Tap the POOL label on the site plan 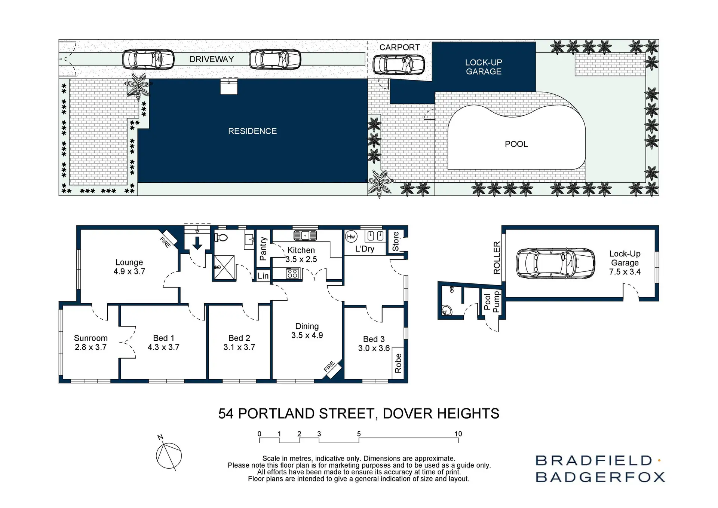[x=516, y=144]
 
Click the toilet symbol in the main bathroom [x=222, y=238]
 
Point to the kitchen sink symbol [x=305, y=235]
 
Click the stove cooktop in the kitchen [x=292, y=274]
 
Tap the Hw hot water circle [x=351, y=237]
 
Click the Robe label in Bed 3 [x=398, y=363]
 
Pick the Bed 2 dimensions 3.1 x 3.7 [x=239, y=347]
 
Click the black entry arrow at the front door [x=197, y=243]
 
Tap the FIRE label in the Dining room [x=329, y=366]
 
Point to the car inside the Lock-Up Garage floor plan [x=555, y=263]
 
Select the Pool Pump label [x=491, y=302]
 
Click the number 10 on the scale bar [x=458, y=434]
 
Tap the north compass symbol [x=168, y=455]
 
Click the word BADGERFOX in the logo [x=600, y=477]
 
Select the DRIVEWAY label [x=211, y=59]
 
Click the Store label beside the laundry [x=396, y=241]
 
